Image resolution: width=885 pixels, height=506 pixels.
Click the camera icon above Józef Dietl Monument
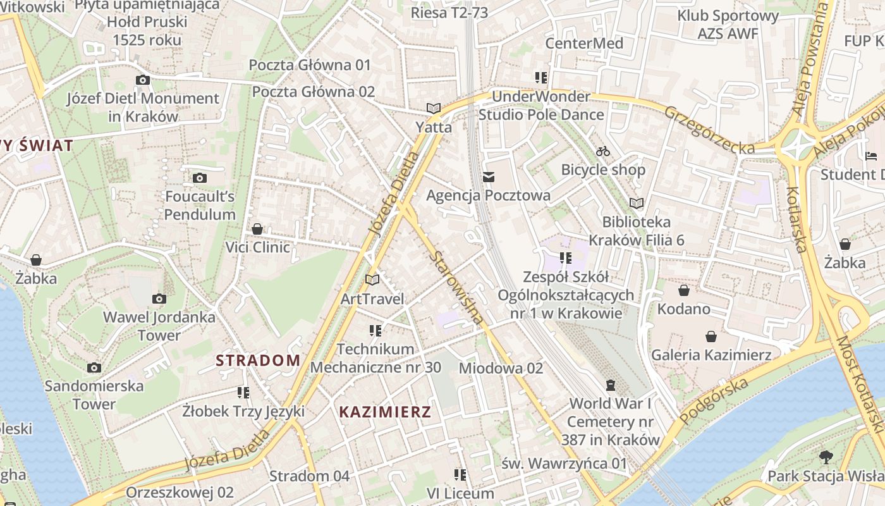143,80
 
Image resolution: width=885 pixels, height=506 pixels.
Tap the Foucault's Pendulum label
200,205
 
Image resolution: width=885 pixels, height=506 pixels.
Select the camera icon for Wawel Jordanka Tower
159,299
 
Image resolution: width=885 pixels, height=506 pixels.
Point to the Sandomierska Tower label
94,394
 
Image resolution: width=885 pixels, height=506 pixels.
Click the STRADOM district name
258,361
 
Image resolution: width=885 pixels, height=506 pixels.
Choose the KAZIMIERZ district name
385,412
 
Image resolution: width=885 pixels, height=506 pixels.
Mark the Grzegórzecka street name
709,130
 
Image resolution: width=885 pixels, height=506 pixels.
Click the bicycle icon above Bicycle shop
603,151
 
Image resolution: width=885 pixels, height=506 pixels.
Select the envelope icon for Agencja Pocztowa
489,177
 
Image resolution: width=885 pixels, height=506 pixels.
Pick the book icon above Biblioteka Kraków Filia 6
637,203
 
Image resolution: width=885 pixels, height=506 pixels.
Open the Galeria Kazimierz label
711,354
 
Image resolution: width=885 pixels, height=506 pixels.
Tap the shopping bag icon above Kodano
683,290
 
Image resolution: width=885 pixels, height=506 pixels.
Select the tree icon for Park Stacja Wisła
826,457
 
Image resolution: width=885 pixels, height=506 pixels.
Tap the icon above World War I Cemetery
611,385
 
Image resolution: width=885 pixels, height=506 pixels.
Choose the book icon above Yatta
434,108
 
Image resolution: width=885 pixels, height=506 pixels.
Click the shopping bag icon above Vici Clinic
257,228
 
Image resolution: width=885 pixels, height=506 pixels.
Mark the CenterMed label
584,43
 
